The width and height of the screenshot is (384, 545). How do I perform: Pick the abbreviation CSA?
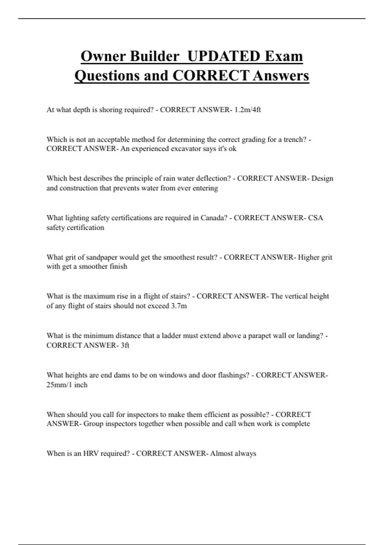tap(316, 218)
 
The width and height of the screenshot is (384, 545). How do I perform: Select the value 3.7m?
tap(179, 306)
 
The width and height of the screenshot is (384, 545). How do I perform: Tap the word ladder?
tap(172, 336)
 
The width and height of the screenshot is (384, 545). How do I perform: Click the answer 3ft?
tap(125, 345)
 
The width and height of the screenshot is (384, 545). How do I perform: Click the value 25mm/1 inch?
tap(67, 385)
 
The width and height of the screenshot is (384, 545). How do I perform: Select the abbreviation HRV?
tap(91, 454)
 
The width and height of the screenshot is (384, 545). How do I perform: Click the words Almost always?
tap(233, 454)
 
